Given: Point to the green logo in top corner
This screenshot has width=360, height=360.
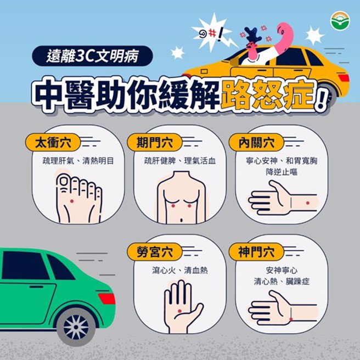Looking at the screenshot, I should point(340,20).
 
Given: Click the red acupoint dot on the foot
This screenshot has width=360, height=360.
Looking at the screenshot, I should point(72,201).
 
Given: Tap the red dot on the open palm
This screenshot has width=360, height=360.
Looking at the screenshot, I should point(179,311).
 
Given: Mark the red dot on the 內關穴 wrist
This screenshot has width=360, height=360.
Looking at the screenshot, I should point(307,203).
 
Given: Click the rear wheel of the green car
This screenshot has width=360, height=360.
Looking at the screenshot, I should point(76,327).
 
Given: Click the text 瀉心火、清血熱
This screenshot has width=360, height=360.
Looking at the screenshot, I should point(180,271).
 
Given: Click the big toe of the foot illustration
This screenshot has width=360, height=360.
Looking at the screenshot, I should point(64,182).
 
